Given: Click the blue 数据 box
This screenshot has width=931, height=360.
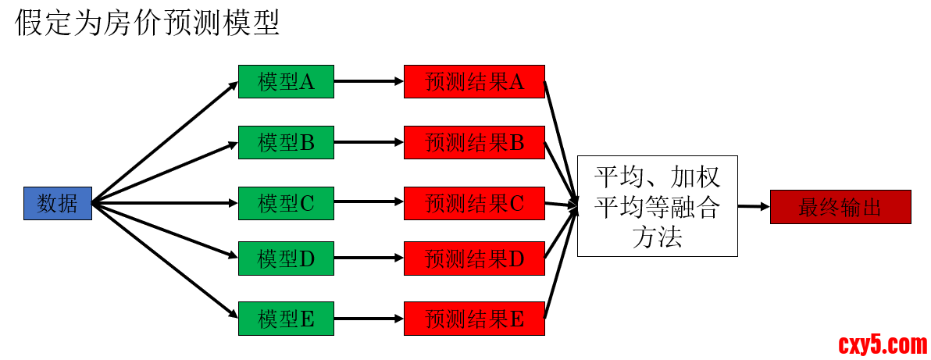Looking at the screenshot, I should [58, 204].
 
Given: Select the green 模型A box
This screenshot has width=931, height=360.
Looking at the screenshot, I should [286, 81].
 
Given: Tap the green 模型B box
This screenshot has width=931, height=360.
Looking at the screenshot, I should [286, 142].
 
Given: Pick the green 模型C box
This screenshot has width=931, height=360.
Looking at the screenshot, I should [286, 204].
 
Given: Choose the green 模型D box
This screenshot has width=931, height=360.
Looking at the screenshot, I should [286, 258].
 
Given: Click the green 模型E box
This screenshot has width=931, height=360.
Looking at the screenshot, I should [286, 319].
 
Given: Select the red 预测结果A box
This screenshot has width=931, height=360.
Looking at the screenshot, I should [474, 81].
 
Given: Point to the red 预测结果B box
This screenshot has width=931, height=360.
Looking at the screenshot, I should [474, 142].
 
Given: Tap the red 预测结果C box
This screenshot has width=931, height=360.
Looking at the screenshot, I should [474, 204].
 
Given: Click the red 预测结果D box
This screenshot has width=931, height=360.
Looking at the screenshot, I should [474, 258].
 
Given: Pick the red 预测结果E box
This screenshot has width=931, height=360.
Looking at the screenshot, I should [474, 319].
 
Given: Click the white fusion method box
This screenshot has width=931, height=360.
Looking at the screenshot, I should [657, 205].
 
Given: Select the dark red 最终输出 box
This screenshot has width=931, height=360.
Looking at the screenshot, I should [840, 207].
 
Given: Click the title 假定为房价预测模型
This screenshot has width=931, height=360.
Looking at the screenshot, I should [147, 23].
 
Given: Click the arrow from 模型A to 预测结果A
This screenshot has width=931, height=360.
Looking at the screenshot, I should [369, 81].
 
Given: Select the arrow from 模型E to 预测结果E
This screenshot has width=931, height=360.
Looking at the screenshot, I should [369, 319].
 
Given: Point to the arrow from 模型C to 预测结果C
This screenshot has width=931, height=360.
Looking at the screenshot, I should [369, 204].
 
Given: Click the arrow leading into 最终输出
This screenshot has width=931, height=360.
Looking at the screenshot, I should [754, 207].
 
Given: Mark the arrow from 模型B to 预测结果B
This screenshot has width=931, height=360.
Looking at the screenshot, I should [369, 142].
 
